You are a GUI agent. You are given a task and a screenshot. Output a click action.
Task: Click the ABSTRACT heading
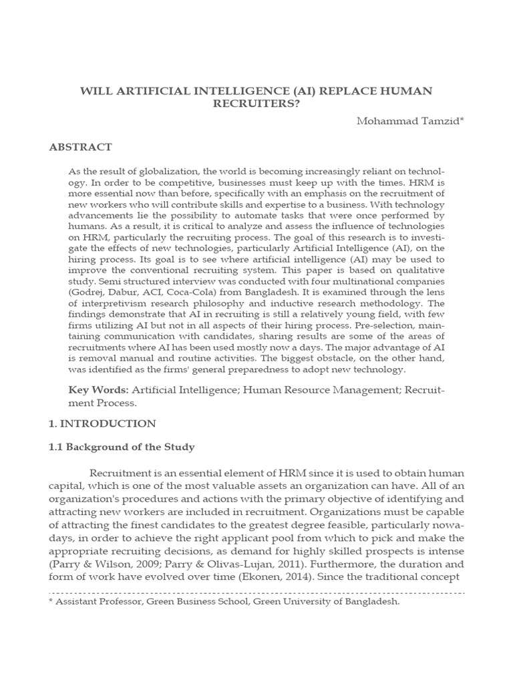point(80,147)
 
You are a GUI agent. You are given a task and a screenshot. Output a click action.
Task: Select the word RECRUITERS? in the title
point(256,104)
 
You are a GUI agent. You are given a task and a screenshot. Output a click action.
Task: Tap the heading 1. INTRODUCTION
point(102,423)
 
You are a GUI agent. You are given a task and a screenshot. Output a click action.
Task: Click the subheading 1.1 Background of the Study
point(122,446)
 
